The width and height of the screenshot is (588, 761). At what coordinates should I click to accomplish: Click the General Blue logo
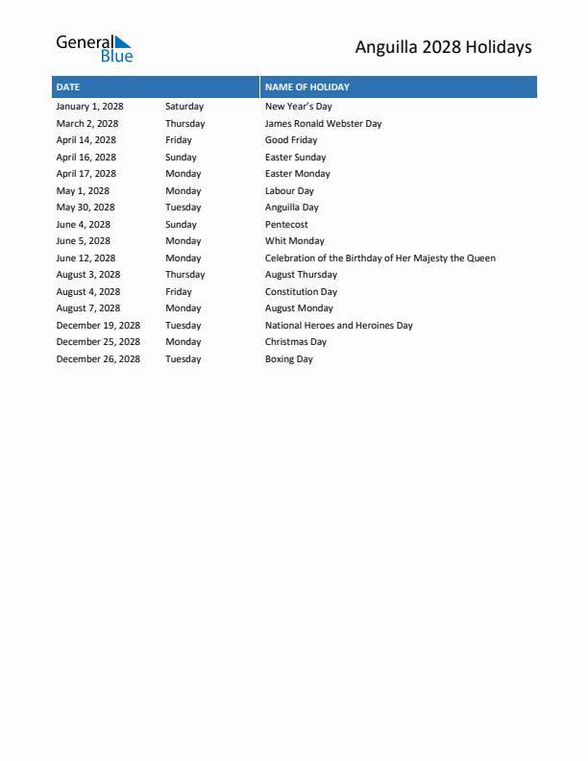click(x=93, y=48)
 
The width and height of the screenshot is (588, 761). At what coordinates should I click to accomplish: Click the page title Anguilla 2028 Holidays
click(x=443, y=47)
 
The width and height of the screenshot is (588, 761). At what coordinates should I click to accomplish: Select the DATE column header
click(x=68, y=87)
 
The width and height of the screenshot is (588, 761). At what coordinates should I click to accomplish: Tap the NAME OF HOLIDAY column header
click(x=307, y=87)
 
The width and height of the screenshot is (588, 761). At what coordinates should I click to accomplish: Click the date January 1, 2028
click(x=89, y=107)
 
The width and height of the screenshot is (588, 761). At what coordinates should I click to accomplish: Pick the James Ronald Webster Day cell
click(x=323, y=124)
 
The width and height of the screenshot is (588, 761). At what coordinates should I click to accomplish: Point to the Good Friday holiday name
click(x=291, y=140)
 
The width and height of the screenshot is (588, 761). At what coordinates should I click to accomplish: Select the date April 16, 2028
click(x=86, y=158)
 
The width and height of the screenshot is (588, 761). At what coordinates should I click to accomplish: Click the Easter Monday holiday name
click(x=297, y=174)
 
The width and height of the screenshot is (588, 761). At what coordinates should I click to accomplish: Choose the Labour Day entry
click(x=289, y=191)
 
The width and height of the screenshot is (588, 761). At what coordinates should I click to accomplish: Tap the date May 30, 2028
click(x=85, y=208)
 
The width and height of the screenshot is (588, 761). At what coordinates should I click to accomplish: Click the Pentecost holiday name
click(x=286, y=225)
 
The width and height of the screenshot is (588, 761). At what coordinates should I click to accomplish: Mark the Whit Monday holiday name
click(x=294, y=241)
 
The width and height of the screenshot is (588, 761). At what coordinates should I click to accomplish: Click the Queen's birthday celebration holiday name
click(x=380, y=258)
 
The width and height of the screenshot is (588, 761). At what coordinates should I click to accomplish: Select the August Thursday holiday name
click(x=301, y=275)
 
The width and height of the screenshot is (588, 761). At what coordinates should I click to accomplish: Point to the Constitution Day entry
click(x=301, y=292)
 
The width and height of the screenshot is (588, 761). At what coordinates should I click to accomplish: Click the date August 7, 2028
click(x=87, y=308)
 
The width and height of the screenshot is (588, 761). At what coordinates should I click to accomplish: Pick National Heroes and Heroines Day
click(x=338, y=326)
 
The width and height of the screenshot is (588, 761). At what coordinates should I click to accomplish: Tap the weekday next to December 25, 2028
click(x=183, y=342)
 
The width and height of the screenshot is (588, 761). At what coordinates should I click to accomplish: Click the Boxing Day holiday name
click(x=288, y=359)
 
